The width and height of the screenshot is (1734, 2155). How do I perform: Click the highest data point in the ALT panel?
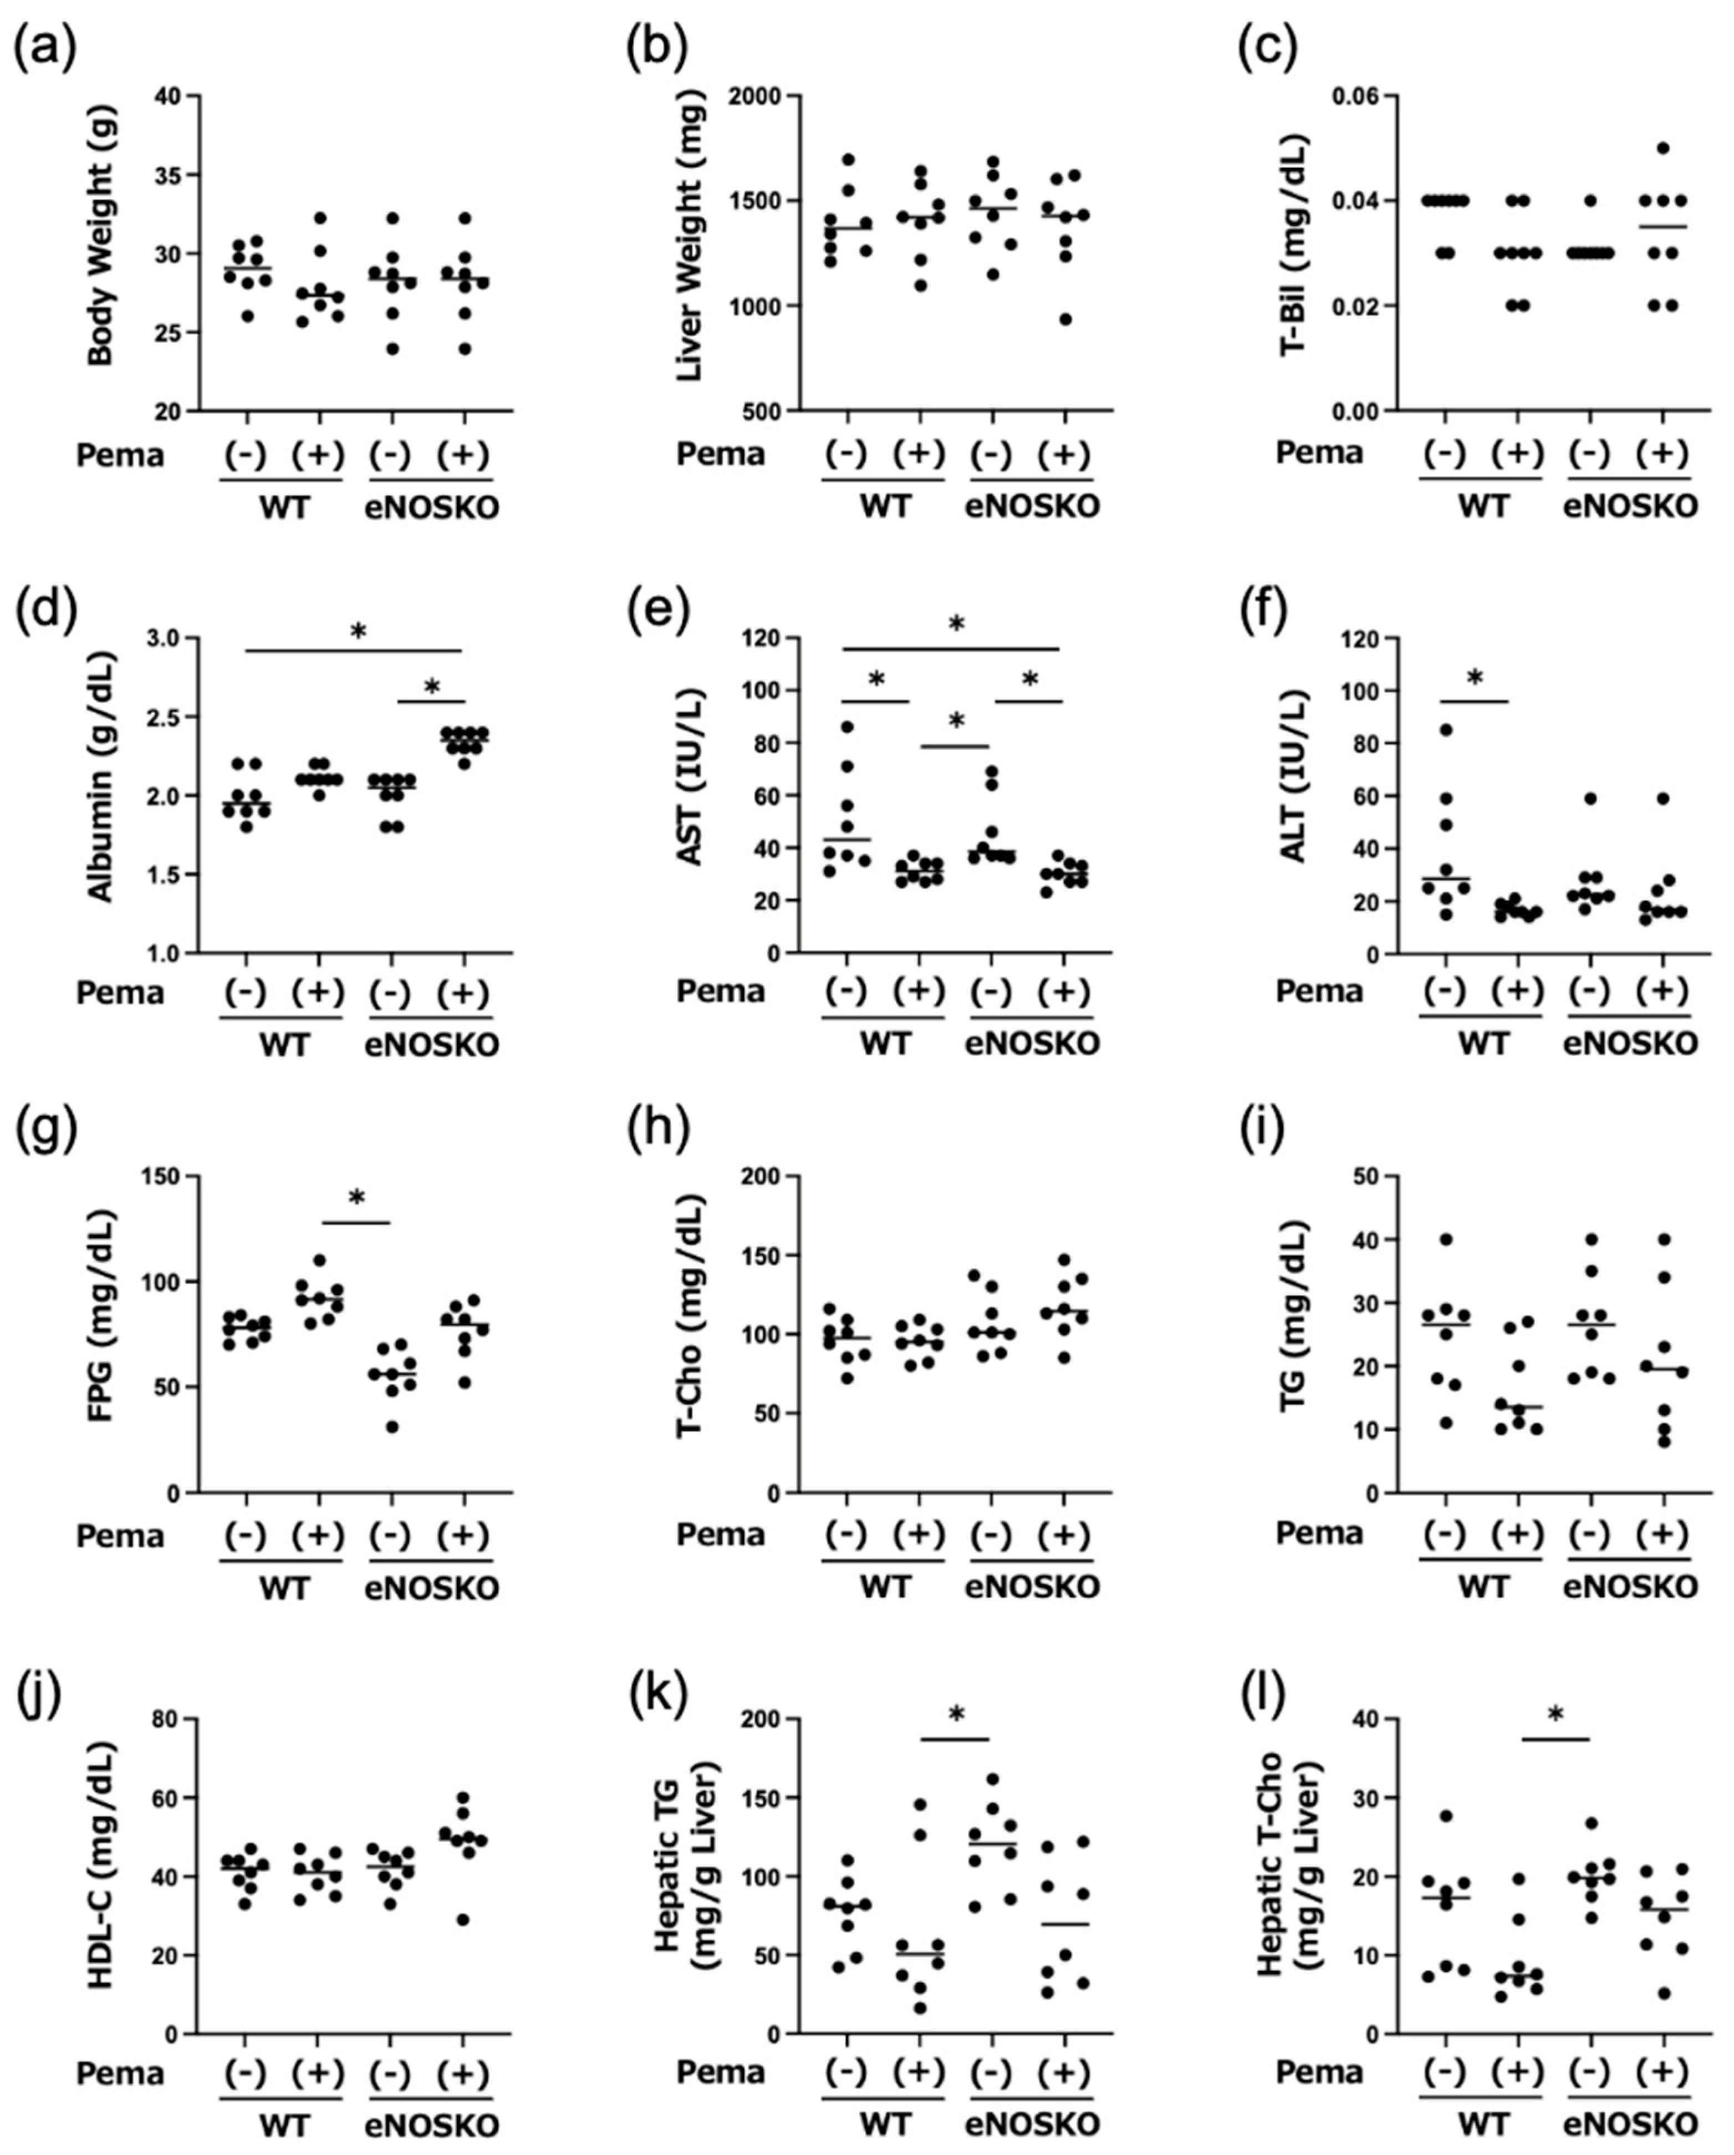coord(1445,730)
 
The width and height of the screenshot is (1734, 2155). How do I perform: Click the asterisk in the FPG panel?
coord(357,1198)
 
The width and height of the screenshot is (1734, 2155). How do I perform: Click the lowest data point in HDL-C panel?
coord(463,1919)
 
